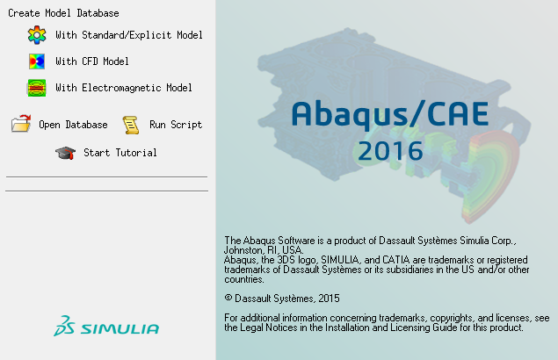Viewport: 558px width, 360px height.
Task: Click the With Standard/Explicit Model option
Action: [129, 35]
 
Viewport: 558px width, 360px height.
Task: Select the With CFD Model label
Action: [92, 61]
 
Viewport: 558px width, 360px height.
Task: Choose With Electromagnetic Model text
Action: [124, 88]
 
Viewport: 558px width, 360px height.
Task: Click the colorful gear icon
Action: [37, 35]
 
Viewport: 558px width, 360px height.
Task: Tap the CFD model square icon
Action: [37, 61]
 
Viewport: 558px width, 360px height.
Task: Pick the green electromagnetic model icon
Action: [37, 88]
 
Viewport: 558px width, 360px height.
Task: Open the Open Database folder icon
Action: [21, 124]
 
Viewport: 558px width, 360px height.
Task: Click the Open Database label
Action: [73, 125]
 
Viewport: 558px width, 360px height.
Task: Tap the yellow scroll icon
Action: [131, 125]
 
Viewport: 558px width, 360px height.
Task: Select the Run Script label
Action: [176, 125]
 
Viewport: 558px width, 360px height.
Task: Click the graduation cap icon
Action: [66, 153]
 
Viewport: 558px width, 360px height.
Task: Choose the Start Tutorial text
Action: [120, 153]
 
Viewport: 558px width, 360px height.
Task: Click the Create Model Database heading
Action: [63, 13]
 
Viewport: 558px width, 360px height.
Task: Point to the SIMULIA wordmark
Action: [120, 328]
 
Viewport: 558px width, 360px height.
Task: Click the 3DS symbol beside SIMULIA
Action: [64, 326]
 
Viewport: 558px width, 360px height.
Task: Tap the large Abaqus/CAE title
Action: [390, 114]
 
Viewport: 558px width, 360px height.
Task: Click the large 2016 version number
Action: [390, 151]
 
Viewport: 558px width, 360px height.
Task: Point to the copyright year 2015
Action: [330, 299]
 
